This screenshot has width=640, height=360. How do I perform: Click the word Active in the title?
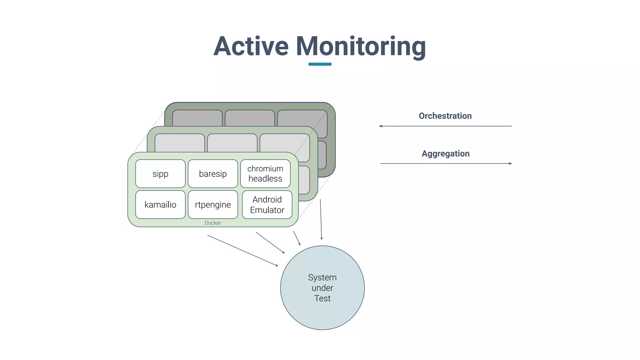coord(251,46)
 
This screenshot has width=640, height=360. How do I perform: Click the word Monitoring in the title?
coord(361,46)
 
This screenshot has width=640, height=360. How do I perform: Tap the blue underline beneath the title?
coord(320,64)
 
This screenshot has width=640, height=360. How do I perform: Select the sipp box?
coord(160,174)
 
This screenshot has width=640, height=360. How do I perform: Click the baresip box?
coord(213,174)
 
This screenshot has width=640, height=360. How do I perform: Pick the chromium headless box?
coord(265,174)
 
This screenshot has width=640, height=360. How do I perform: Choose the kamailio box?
coord(160,205)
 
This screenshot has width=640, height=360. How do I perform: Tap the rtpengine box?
coord(213,205)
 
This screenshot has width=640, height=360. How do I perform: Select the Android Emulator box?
coord(267,205)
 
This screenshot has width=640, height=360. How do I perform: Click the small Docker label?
coord(213,223)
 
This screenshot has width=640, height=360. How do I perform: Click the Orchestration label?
coord(445,116)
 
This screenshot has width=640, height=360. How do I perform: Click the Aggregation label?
coord(445,154)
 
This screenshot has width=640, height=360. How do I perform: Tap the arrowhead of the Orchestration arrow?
coord(381,126)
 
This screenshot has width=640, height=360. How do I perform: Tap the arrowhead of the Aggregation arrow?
coord(510,163)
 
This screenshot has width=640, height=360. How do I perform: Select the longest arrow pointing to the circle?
coord(243,251)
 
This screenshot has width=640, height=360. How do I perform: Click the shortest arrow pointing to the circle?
coord(297,238)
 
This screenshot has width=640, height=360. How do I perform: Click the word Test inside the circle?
coord(322,298)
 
